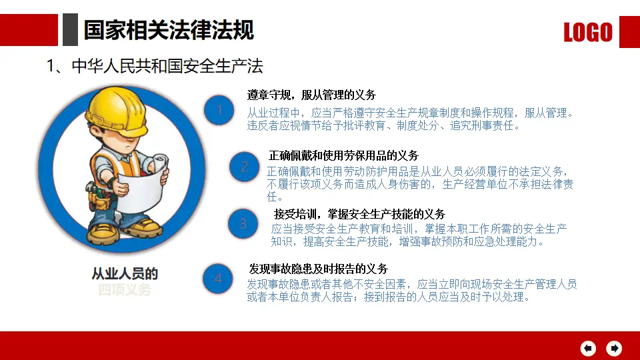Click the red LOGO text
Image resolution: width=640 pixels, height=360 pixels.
587,32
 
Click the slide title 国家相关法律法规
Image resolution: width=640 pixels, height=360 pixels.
169,30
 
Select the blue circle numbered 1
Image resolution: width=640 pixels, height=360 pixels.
219,111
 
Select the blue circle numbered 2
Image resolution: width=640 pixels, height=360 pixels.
245,167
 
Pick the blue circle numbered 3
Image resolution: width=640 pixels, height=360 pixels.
243,224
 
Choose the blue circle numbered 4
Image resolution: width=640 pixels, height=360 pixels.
218,279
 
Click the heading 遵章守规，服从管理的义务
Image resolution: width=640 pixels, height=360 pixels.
311,95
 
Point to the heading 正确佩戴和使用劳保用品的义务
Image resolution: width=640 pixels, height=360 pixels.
343,155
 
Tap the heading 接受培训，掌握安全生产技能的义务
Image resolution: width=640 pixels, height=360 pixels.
359,214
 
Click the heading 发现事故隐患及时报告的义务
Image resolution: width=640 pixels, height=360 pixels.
318,269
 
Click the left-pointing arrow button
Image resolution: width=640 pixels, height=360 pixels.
588,348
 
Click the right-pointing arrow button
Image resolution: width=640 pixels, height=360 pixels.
613,348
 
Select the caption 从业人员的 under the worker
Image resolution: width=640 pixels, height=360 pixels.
125,274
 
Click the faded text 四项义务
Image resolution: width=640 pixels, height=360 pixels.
125,290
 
